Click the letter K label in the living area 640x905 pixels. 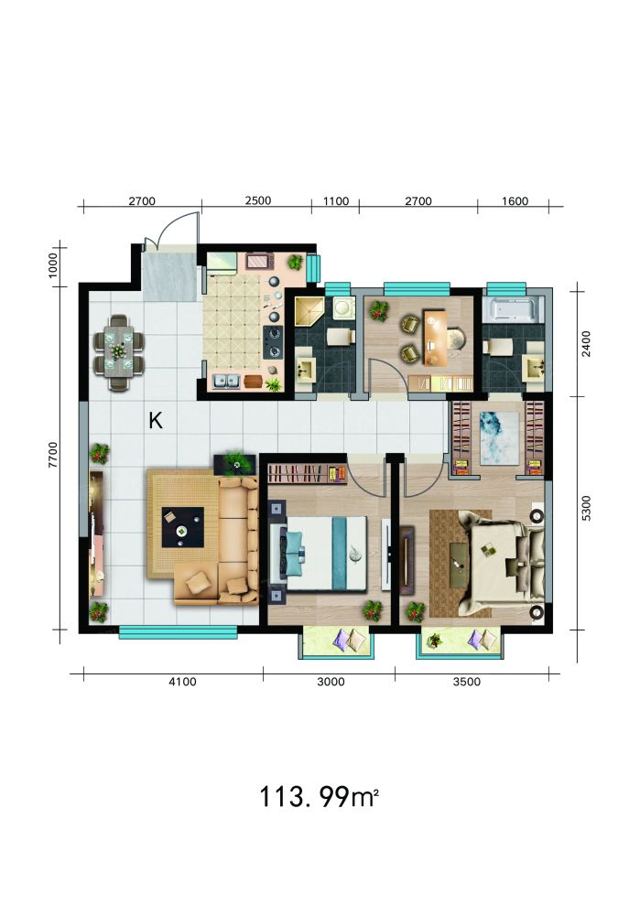(x=156, y=421)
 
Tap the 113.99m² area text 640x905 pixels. (x=319, y=797)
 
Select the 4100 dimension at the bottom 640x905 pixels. (x=182, y=682)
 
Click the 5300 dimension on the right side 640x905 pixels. (x=586, y=508)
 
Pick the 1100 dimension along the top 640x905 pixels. (x=336, y=201)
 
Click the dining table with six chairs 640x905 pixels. (x=119, y=352)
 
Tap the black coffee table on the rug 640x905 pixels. (x=182, y=527)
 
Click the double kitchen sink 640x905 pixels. (x=226, y=381)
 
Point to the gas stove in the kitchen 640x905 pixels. (x=273, y=341)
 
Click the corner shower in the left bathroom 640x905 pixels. (x=309, y=313)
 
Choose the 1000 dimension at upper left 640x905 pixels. (x=53, y=265)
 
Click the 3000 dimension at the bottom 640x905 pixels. (x=331, y=682)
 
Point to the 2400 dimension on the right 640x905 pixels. (x=586, y=343)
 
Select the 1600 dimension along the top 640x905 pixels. (x=515, y=201)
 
